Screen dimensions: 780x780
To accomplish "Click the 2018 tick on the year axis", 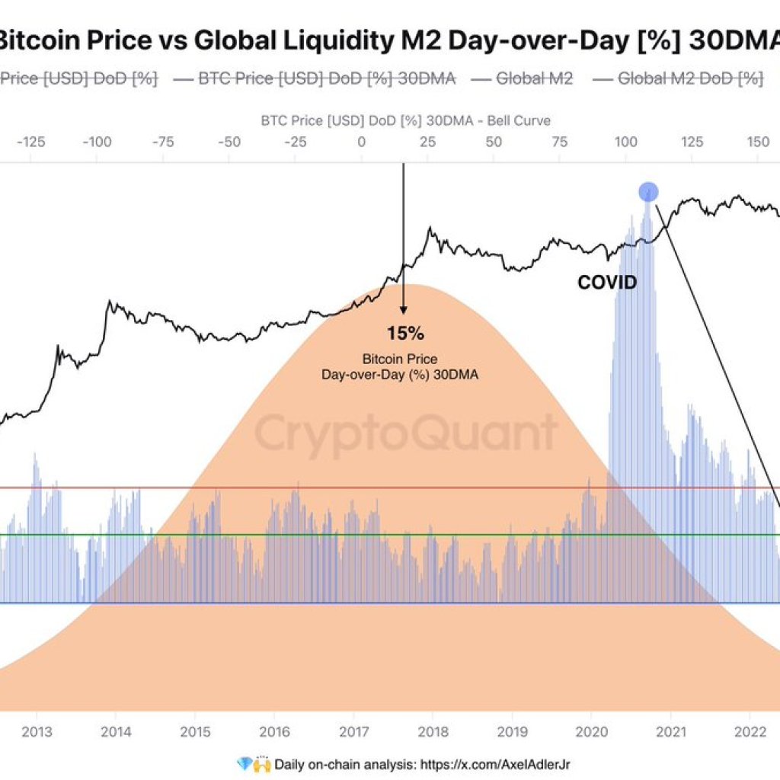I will click(432, 732).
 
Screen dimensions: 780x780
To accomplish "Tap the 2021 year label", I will click(670, 732).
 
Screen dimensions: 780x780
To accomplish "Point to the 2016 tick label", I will click(273, 732).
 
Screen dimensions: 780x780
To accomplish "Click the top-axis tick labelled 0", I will click(361, 142).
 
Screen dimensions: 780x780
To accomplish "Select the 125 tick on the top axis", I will click(692, 142).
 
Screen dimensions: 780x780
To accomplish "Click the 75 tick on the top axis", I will click(560, 142).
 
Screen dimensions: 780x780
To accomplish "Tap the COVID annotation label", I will click(606, 283).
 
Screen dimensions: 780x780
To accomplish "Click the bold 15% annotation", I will click(404, 334).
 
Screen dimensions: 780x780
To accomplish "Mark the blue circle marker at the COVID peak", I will click(647, 191).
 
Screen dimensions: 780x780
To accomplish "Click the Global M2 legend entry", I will click(524, 78).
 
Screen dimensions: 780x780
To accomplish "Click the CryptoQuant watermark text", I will click(404, 434).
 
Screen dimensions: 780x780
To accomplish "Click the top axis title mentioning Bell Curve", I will click(405, 120).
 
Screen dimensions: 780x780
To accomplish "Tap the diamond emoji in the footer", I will click(244, 763).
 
